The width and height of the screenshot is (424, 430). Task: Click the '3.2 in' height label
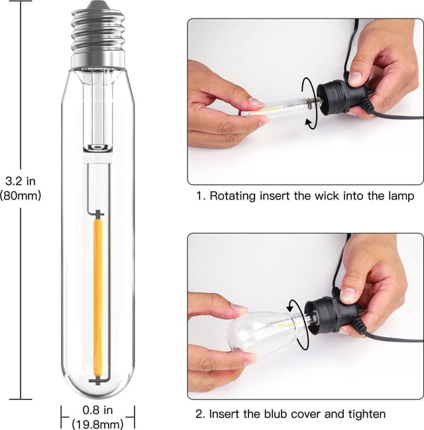(x=20, y=181)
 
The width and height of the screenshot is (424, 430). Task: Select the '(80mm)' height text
(x=20, y=195)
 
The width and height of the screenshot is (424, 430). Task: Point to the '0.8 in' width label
(x=97, y=411)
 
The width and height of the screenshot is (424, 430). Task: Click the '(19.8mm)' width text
(x=97, y=424)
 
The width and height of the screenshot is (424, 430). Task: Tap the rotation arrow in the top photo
(x=308, y=103)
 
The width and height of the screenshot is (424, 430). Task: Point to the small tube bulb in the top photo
(x=272, y=107)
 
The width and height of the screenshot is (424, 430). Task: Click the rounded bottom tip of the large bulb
(x=98, y=391)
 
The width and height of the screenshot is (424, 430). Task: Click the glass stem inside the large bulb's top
(x=97, y=109)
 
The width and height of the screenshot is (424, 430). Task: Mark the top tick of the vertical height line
(x=21, y=2)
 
